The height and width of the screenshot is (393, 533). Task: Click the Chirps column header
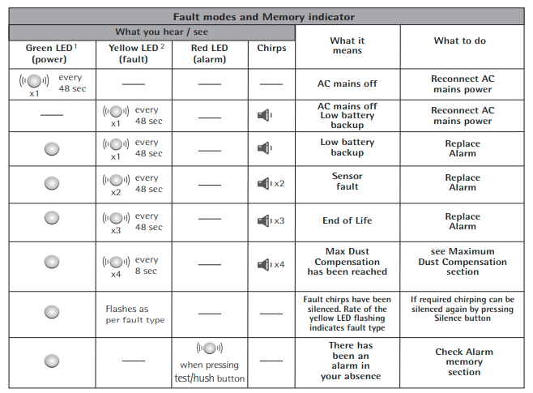[271, 48]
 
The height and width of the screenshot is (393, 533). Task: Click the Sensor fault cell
[347, 181]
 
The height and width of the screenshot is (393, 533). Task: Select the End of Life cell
[347, 220]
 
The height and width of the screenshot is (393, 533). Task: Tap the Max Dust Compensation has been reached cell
[347, 262]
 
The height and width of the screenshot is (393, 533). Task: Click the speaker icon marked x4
[264, 264]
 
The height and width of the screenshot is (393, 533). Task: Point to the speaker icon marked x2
[264, 184]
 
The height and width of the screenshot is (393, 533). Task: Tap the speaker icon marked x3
[264, 221]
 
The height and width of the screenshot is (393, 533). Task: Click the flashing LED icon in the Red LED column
[210, 348]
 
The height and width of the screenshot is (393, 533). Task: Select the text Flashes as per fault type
[134, 314]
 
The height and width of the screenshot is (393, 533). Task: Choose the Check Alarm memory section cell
[463, 362]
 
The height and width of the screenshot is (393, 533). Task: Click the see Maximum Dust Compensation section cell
[463, 262]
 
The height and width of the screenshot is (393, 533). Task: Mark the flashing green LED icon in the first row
[34, 81]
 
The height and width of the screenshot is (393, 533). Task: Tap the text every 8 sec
[147, 265]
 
